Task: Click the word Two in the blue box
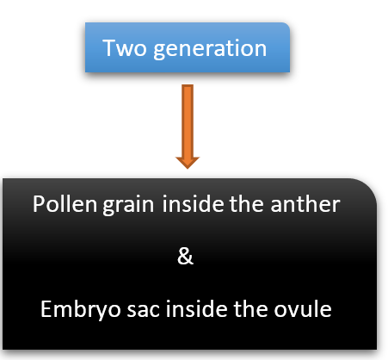[x=125, y=48]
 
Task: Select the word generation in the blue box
[x=210, y=49]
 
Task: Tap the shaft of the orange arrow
[x=188, y=121]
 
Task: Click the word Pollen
[x=65, y=204]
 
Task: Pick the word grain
[x=128, y=206]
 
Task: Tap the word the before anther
[x=246, y=203]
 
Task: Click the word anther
[x=305, y=204]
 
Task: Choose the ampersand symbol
[x=185, y=256]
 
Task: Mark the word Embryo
[x=81, y=310]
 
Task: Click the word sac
[x=143, y=312]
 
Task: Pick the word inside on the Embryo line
[x=197, y=308]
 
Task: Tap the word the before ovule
[x=250, y=308]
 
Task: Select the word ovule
[x=303, y=308]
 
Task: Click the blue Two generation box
[x=188, y=47]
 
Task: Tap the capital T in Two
[x=109, y=48]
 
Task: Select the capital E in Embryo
[x=46, y=308]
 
